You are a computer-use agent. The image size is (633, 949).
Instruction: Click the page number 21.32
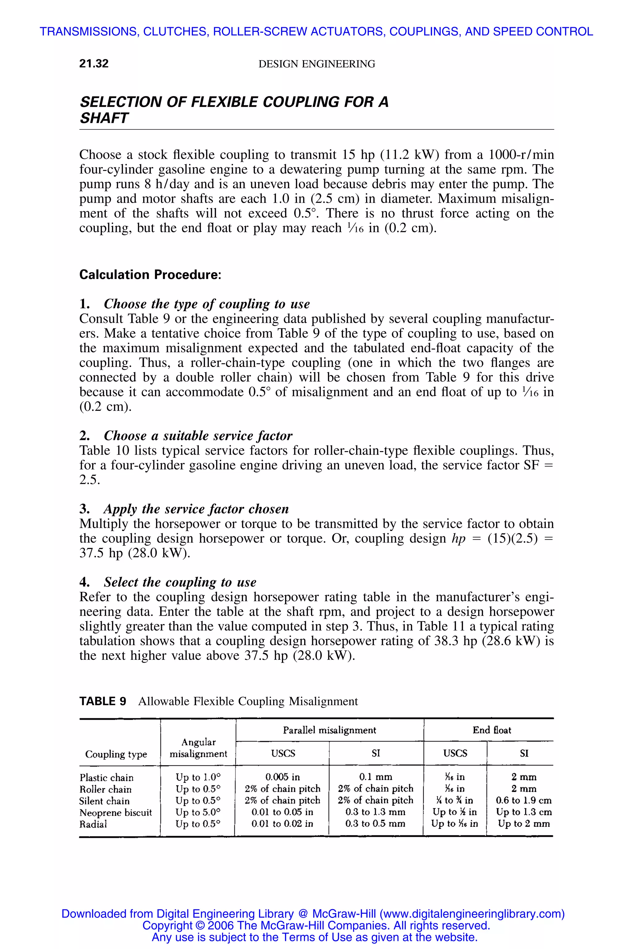click(x=94, y=64)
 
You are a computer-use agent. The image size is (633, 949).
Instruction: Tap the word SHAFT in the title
click(x=104, y=118)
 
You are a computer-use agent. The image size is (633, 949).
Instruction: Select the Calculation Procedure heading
click(x=150, y=275)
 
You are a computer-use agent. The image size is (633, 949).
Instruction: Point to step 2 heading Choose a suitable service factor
click(x=198, y=436)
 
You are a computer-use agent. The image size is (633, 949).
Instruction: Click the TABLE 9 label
click(x=103, y=701)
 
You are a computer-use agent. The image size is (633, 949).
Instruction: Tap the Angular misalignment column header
click(x=198, y=748)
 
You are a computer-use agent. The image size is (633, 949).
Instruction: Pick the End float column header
click(x=491, y=730)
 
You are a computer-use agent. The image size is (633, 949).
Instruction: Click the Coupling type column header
click(x=116, y=754)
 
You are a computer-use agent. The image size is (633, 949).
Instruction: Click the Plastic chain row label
click(x=106, y=778)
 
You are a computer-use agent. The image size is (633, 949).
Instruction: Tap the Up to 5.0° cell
click(x=198, y=812)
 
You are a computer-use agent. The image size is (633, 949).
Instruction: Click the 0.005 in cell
click(x=283, y=777)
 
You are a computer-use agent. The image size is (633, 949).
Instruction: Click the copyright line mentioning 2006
click(x=316, y=925)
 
